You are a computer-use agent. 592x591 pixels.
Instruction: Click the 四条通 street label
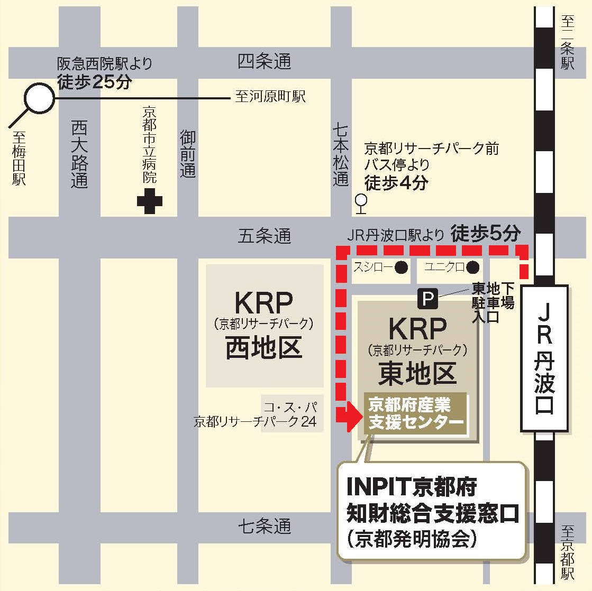coord(264,62)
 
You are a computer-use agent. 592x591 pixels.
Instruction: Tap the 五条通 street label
coord(264,236)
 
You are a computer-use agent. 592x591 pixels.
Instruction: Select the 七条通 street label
coord(264,526)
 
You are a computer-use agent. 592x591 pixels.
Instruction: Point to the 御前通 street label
coord(188,154)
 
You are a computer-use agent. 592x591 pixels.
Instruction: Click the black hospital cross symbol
coord(150,201)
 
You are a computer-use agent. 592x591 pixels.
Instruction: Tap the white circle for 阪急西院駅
coord(40,98)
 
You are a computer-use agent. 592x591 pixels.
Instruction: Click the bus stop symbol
coord(361,203)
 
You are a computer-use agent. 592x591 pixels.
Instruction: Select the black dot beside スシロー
coord(402,267)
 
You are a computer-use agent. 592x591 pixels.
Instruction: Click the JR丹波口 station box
coord(544,358)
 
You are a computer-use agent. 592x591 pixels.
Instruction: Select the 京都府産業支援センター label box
coord(415,414)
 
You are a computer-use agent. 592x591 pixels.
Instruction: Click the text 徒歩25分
coord(94,82)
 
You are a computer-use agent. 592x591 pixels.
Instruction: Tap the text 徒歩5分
coord(486,233)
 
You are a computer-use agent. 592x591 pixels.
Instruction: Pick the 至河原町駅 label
coord(270,97)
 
